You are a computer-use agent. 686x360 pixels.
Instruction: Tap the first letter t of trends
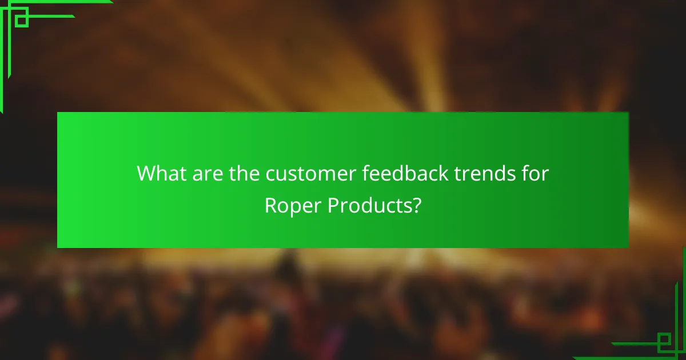click(x=458, y=174)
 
